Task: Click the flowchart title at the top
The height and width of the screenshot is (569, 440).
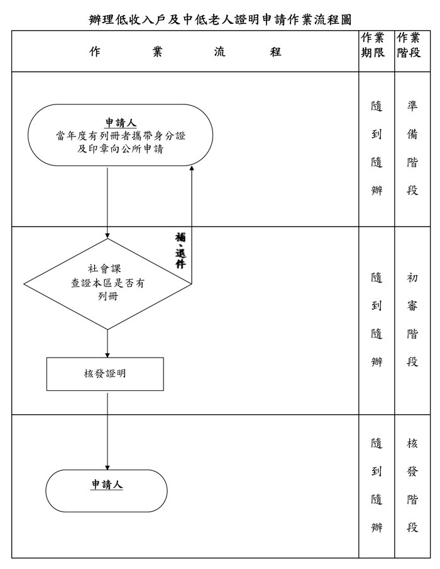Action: pos(220,19)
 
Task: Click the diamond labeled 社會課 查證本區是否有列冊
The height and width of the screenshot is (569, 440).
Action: pos(107,283)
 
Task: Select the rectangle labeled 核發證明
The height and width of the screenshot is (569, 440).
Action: pos(105,374)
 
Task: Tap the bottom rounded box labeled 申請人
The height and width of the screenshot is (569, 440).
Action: pos(107,490)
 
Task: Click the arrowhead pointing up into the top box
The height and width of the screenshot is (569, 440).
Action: pos(192,168)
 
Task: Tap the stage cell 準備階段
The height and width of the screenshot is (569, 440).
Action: pos(412,148)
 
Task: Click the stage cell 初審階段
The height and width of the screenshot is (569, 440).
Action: pos(412,320)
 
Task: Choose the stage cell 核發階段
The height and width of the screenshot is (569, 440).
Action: pos(412,485)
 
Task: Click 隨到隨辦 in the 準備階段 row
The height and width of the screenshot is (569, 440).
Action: pos(377,148)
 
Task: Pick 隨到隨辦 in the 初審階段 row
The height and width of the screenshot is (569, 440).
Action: pos(377,320)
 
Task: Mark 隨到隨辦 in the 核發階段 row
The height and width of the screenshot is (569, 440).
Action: pos(377,485)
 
